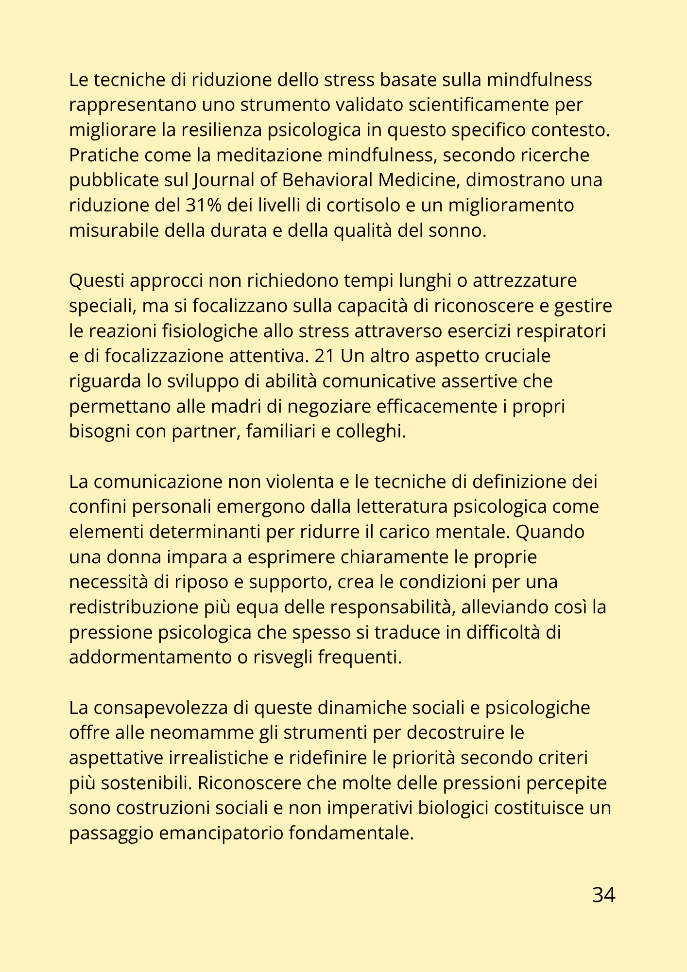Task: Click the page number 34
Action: pos(603,895)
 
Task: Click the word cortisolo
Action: pos(351,206)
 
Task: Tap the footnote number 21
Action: pos(325,356)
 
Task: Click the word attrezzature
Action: pos(525,281)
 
